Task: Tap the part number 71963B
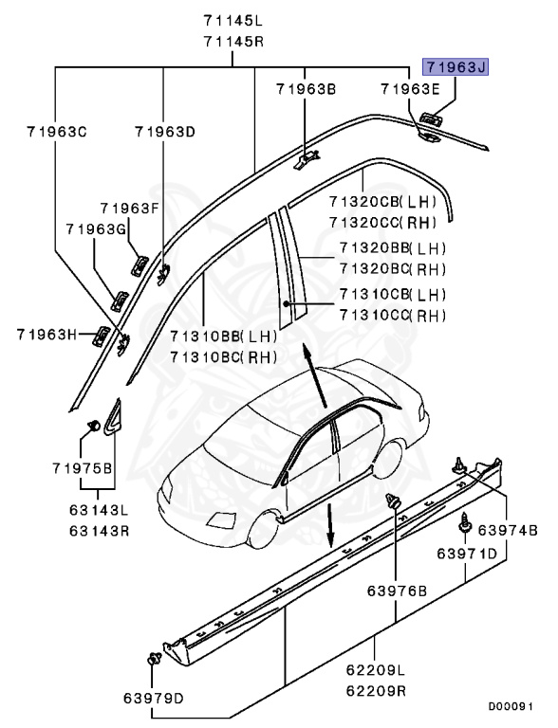[x=306, y=90]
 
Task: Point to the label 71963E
[x=409, y=90]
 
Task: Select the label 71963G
[x=98, y=229]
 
